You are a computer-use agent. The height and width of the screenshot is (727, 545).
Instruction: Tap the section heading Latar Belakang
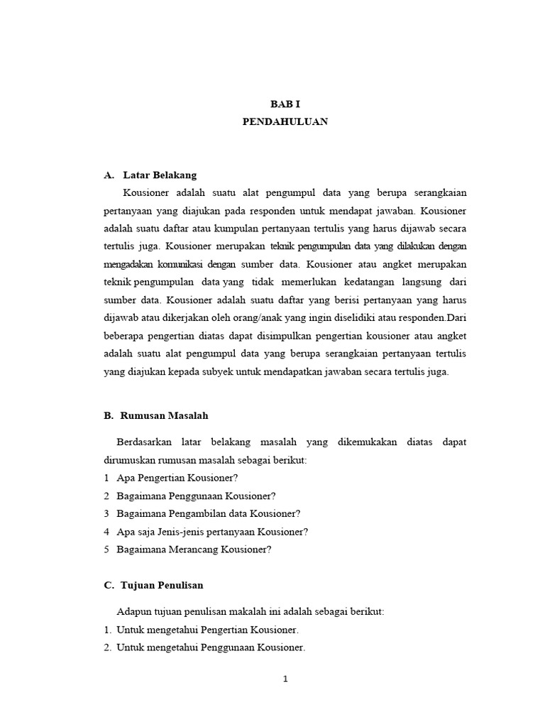pos(160,175)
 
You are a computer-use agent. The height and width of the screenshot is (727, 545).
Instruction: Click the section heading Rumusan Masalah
pos(164,415)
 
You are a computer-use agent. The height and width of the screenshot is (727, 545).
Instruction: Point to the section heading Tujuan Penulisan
pos(163,585)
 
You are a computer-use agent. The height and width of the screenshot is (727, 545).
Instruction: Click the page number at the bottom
pos(285,679)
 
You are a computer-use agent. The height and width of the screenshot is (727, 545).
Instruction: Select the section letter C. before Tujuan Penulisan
pos(109,585)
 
